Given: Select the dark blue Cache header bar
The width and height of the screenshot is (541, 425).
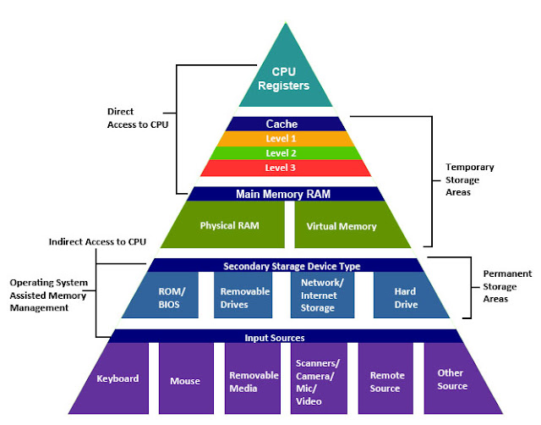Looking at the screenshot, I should [x=282, y=124].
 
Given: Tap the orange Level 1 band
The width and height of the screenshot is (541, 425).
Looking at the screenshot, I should [x=282, y=139].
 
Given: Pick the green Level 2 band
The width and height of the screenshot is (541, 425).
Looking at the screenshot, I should [x=282, y=153].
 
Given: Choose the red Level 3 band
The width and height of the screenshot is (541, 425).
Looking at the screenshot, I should [x=282, y=168].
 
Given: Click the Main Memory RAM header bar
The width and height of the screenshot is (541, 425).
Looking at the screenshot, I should [x=282, y=193].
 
